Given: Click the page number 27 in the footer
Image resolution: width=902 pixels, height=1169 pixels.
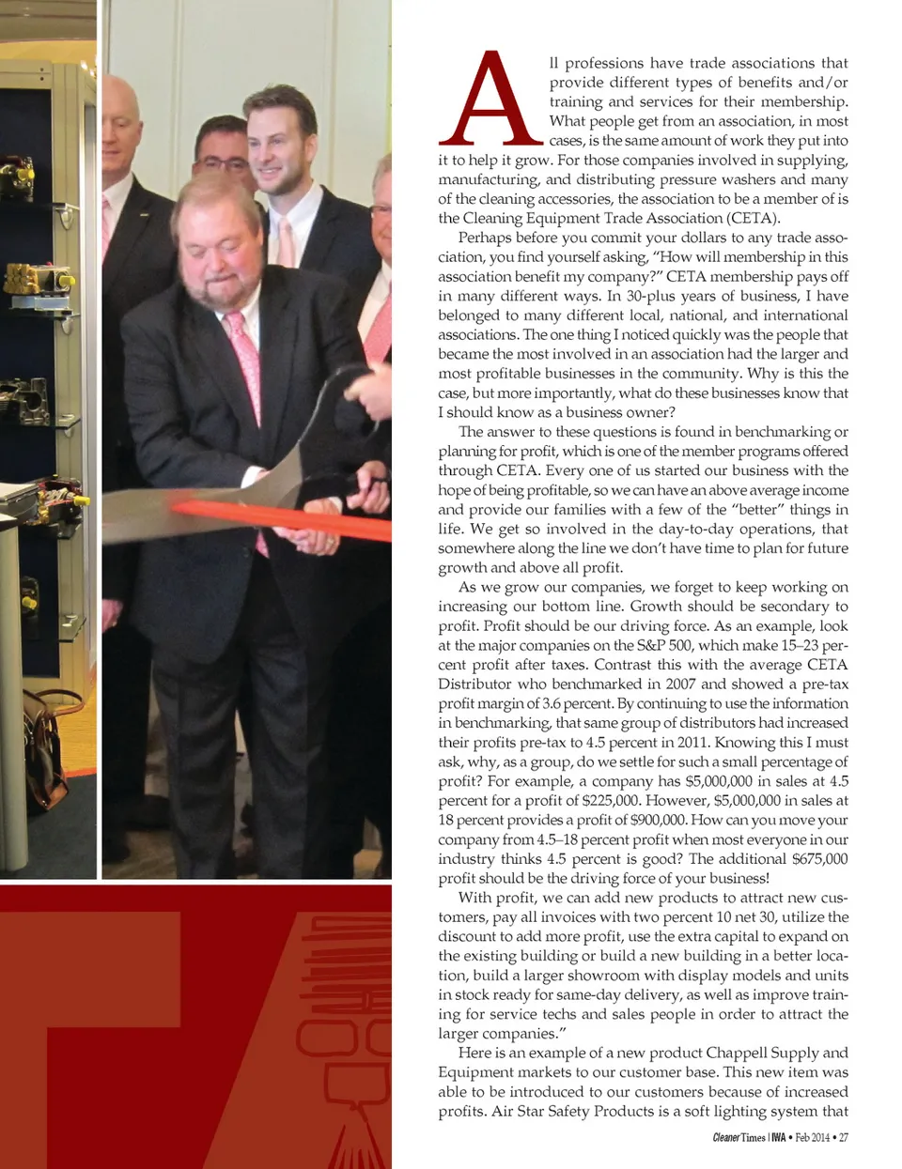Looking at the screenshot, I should pyautogui.click(x=843, y=1138).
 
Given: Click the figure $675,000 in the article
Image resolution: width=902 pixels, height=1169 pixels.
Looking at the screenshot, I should pyautogui.click(x=819, y=858).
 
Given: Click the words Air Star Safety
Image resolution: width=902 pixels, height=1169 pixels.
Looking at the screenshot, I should pyautogui.click(x=540, y=1111).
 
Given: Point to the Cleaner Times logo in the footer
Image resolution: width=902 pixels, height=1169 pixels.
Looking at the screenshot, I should pyautogui.click(x=739, y=1138).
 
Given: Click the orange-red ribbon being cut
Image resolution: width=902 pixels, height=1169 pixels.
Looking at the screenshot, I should pyautogui.click(x=282, y=517).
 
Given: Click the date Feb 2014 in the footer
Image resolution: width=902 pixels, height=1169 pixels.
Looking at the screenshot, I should pyautogui.click(x=812, y=1138).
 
